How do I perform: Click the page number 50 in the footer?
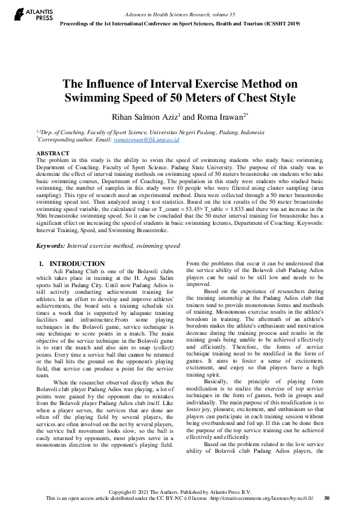[x=327, y=498]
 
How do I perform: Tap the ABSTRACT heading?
[x=53, y=154]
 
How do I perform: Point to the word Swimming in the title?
[x=96, y=99]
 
